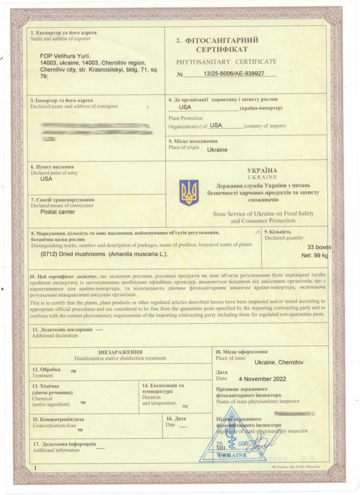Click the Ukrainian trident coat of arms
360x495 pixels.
(x=189, y=193)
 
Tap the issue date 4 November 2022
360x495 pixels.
(x=262, y=379)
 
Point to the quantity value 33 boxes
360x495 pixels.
(x=319, y=247)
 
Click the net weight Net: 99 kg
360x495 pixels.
(x=315, y=256)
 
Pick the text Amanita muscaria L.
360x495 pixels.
(x=138, y=254)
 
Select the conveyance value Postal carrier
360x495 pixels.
(x=58, y=212)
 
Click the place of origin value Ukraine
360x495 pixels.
(x=217, y=150)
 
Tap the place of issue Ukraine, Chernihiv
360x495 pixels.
(x=279, y=362)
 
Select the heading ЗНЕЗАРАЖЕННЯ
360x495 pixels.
(x=120, y=352)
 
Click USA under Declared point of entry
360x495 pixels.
(x=46, y=179)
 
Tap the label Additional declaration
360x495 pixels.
(x=55, y=335)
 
